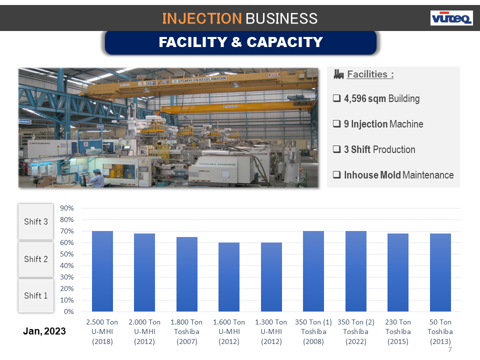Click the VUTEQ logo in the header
(x=451, y=18)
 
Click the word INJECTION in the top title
(x=201, y=18)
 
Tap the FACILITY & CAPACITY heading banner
(x=240, y=42)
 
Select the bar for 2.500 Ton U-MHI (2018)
(x=102, y=271)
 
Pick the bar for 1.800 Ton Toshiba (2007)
(x=187, y=274)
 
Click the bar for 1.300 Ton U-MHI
(x=271, y=277)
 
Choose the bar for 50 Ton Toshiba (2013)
(x=440, y=272)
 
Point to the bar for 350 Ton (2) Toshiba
(x=355, y=271)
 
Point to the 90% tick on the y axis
(x=67, y=208)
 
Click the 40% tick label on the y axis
(x=67, y=265)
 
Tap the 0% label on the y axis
(x=69, y=311)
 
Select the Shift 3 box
(x=36, y=221)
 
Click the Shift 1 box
(x=36, y=295)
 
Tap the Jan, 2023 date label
(x=44, y=331)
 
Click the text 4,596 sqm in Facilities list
(x=365, y=98)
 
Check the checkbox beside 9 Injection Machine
(x=337, y=124)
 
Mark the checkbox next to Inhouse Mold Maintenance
(x=337, y=175)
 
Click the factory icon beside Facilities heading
(x=338, y=74)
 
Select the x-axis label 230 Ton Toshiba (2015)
(x=398, y=331)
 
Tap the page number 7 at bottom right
(x=450, y=350)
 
